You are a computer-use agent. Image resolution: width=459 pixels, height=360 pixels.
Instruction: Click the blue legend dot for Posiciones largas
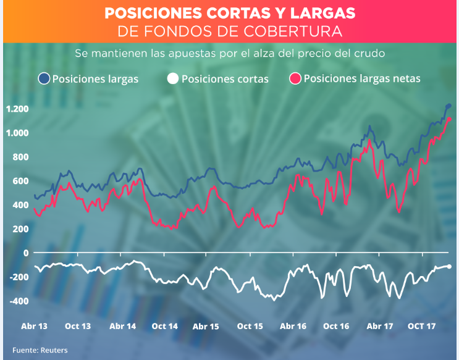[44, 78]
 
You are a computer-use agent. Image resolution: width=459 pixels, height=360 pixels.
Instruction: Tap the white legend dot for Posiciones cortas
[173, 78]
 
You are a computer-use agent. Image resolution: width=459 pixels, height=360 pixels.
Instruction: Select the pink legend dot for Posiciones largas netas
[295, 78]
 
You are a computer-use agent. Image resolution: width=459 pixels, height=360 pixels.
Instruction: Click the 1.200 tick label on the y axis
[17, 109]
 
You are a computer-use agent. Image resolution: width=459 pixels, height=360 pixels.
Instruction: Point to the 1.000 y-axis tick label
[17, 133]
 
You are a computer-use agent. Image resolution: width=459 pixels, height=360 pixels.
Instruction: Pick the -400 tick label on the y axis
[19, 301]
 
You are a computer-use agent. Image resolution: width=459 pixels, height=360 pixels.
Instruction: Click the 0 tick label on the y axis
[26, 253]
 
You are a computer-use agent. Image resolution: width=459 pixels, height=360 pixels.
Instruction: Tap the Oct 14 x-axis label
[164, 326]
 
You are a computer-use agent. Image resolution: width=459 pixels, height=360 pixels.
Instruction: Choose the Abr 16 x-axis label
[293, 326]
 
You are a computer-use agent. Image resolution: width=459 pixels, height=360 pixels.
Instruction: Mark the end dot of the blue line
[449, 106]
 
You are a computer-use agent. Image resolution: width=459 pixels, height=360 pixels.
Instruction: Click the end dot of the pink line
[450, 119]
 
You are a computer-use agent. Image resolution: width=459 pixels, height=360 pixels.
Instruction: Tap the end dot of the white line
[449, 266]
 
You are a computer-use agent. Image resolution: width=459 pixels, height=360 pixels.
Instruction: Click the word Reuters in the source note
[54, 350]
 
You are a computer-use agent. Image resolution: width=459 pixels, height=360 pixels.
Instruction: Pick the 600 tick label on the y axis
[20, 181]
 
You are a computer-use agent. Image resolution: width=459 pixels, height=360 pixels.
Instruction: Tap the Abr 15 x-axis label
[206, 326]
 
